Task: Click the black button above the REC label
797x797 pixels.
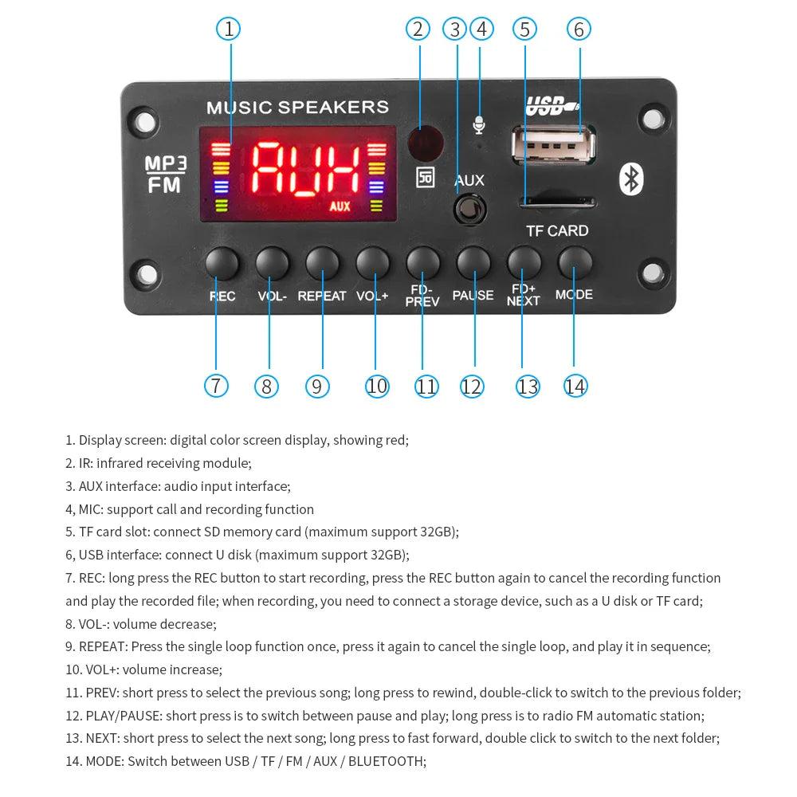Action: (222, 262)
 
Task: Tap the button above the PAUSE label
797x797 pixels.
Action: (473, 262)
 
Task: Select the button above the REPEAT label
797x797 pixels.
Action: (322, 262)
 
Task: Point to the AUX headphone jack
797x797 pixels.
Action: (469, 210)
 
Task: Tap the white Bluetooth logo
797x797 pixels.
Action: (632, 179)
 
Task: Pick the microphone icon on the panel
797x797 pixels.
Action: (479, 125)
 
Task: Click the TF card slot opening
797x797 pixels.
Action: (558, 201)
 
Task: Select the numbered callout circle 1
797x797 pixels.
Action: (229, 29)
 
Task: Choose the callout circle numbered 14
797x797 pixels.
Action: (575, 387)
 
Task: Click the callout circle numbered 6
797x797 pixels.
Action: (579, 29)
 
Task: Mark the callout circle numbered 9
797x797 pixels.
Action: (316, 387)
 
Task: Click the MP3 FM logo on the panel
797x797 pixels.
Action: (165, 175)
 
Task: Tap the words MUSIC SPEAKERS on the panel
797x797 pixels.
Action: (297, 108)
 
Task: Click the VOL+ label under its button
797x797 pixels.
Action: (372, 296)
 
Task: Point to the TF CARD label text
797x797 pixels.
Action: (557, 231)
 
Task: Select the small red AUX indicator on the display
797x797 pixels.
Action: (340, 206)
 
